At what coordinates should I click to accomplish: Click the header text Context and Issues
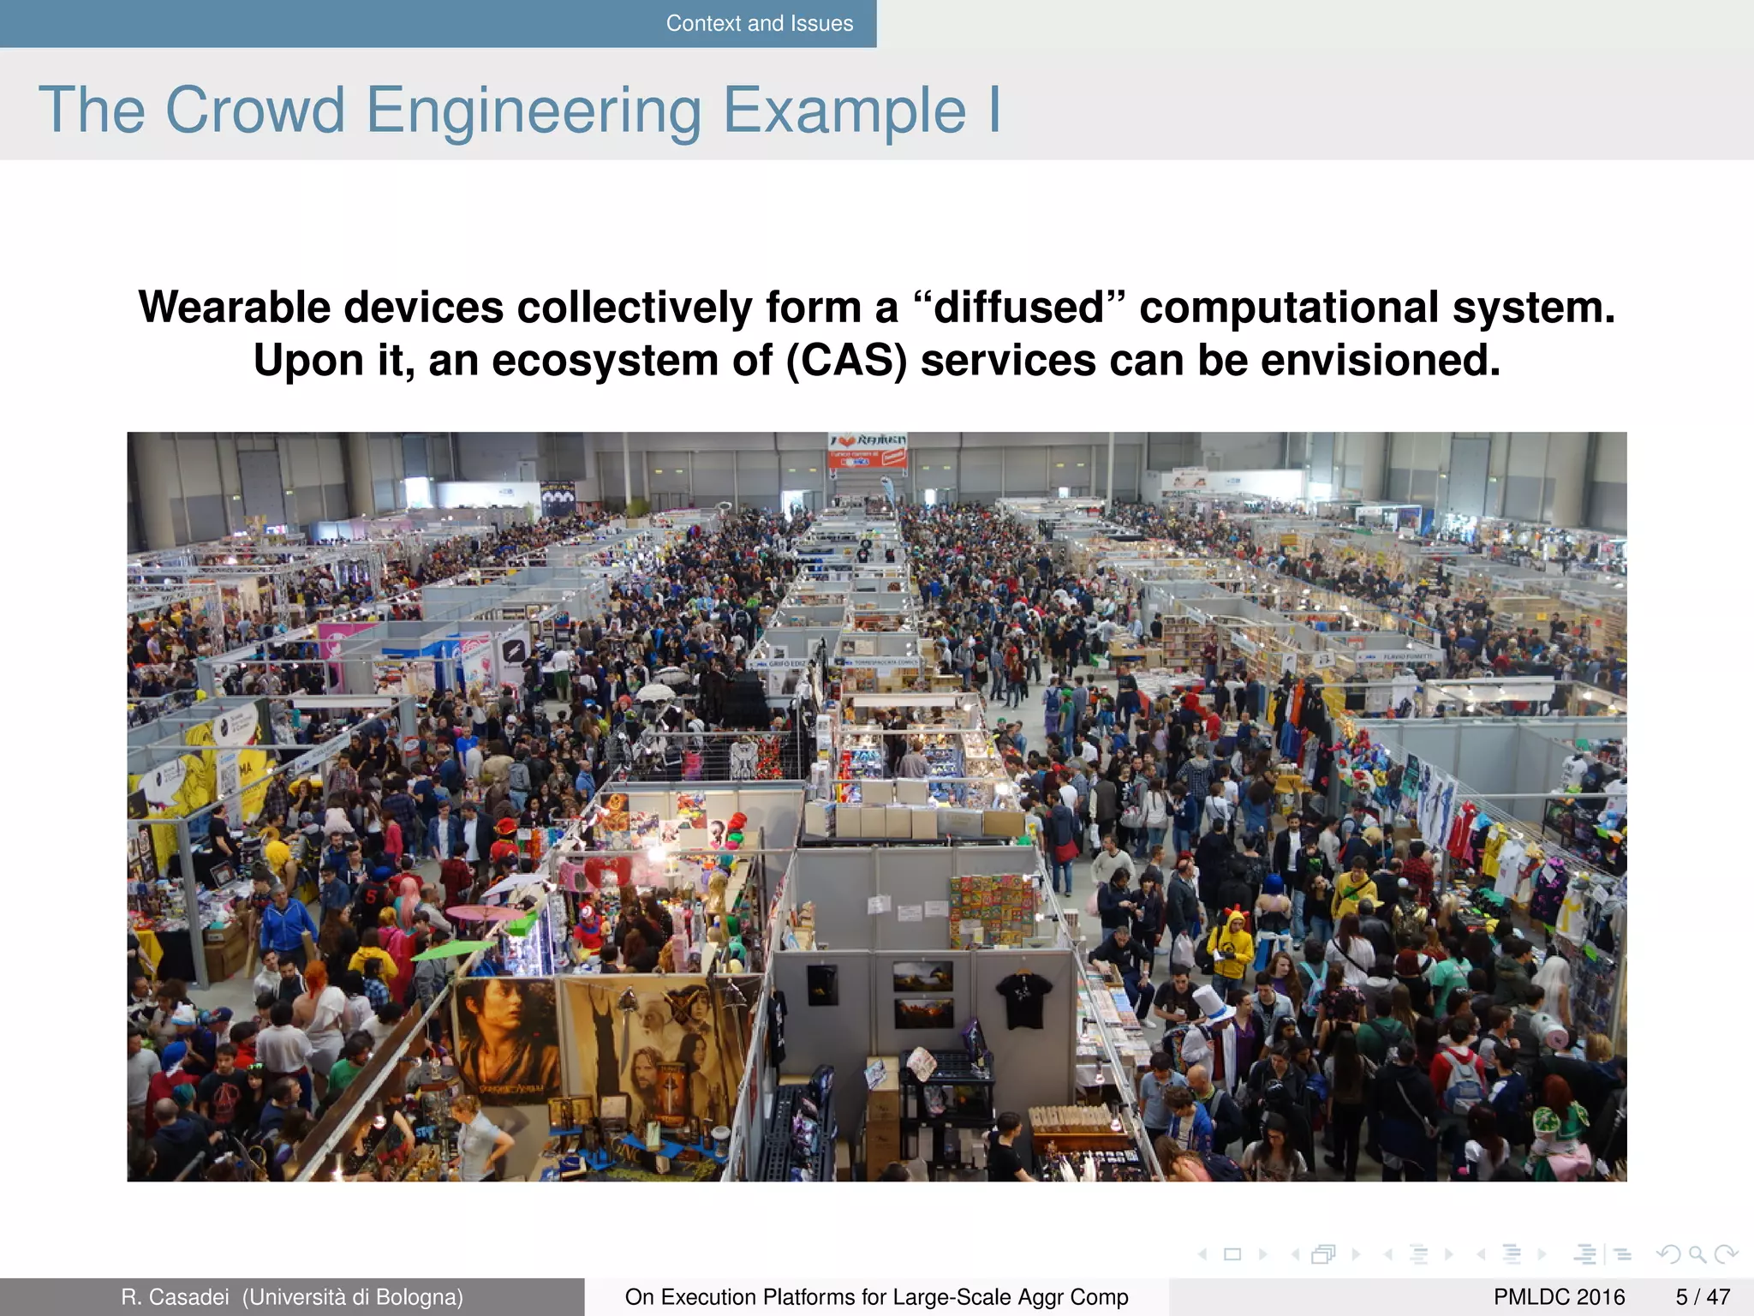[759, 23]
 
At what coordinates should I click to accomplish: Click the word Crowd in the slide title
[254, 111]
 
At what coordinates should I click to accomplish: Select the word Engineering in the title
[534, 112]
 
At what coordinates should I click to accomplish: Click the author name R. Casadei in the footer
[175, 1297]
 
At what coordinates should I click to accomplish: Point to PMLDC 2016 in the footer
[1559, 1297]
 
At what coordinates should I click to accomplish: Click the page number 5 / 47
[1703, 1297]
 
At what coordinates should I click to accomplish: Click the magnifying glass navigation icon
[1697, 1255]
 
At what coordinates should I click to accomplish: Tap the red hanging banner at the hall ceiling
[867, 451]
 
